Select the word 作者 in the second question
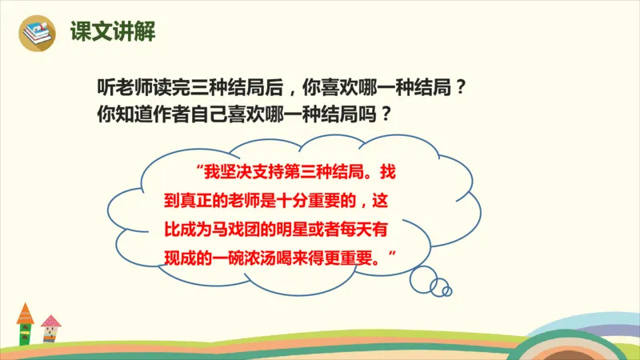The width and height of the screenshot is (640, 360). pos(171,114)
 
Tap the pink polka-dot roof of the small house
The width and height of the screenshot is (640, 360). pos(51,321)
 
